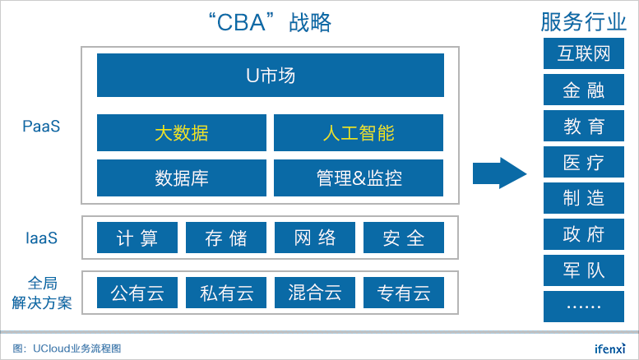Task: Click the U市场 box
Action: point(271,76)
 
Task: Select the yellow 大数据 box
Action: point(182,133)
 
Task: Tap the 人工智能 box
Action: point(359,133)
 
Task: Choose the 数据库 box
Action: point(182,178)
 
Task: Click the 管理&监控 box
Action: point(359,178)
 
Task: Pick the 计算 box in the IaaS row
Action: point(137,238)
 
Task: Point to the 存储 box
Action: point(226,238)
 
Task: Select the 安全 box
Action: point(404,238)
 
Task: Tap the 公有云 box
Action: point(137,293)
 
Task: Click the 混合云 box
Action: point(315,293)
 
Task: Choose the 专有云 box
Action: point(404,293)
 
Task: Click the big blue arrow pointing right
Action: point(500,173)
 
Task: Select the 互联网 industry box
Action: point(584,53)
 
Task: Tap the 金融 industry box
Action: point(584,90)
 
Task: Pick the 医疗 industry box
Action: point(584,162)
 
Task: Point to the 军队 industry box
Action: point(584,270)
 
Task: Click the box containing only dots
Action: point(584,307)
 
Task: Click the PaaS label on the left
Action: point(41,127)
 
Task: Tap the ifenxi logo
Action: point(609,348)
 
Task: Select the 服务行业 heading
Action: point(583,21)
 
